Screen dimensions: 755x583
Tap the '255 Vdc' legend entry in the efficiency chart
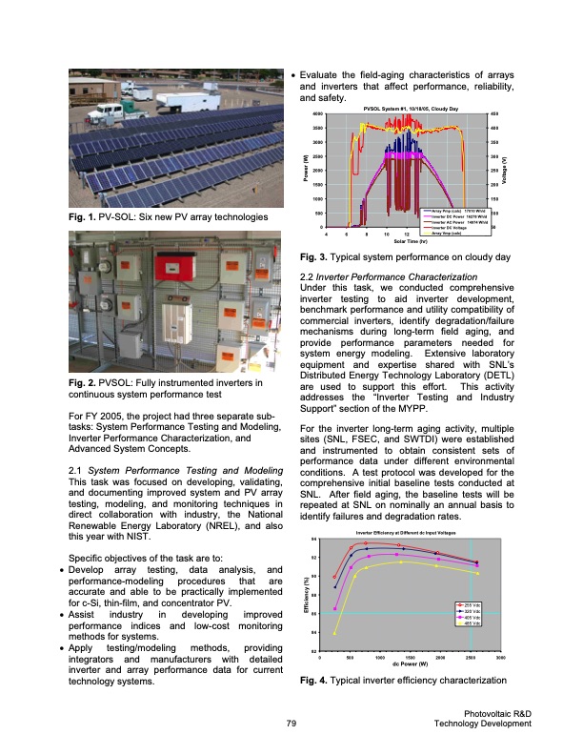(x=472, y=604)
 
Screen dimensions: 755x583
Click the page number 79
(x=291, y=724)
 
